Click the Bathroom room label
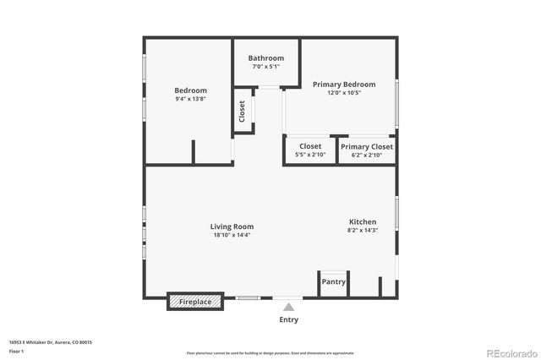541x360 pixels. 265,58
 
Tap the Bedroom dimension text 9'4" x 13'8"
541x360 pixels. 190,99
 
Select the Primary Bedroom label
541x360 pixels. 343,85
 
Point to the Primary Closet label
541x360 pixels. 367,146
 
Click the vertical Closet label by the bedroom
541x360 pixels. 242,112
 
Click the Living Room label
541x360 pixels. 232,226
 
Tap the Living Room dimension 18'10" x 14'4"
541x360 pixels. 232,235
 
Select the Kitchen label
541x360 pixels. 363,222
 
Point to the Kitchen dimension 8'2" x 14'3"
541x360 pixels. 363,230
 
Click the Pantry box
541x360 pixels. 334,282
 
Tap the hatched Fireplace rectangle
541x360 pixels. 195,301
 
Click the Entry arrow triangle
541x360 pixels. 288,308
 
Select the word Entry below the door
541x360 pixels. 288,319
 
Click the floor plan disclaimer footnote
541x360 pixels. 270,352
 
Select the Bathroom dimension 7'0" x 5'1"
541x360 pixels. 265,66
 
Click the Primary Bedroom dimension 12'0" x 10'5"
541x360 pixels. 343,93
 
